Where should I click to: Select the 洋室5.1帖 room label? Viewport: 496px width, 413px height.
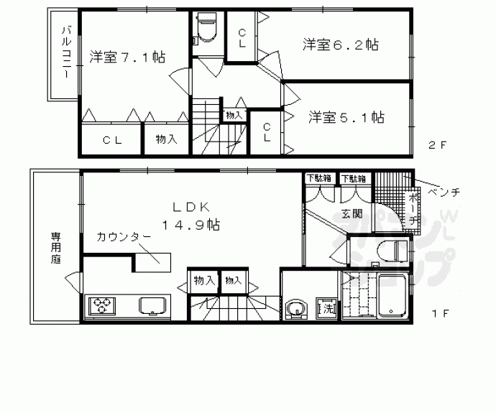346,116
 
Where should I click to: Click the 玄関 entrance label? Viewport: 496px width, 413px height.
352,213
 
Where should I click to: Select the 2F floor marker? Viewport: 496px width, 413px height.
438,144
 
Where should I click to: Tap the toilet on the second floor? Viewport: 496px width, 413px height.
207,29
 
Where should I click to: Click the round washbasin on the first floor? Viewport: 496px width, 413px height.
295,310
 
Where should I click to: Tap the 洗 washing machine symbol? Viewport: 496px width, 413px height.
326,309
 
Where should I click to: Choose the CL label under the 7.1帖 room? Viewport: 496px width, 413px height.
111,140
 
